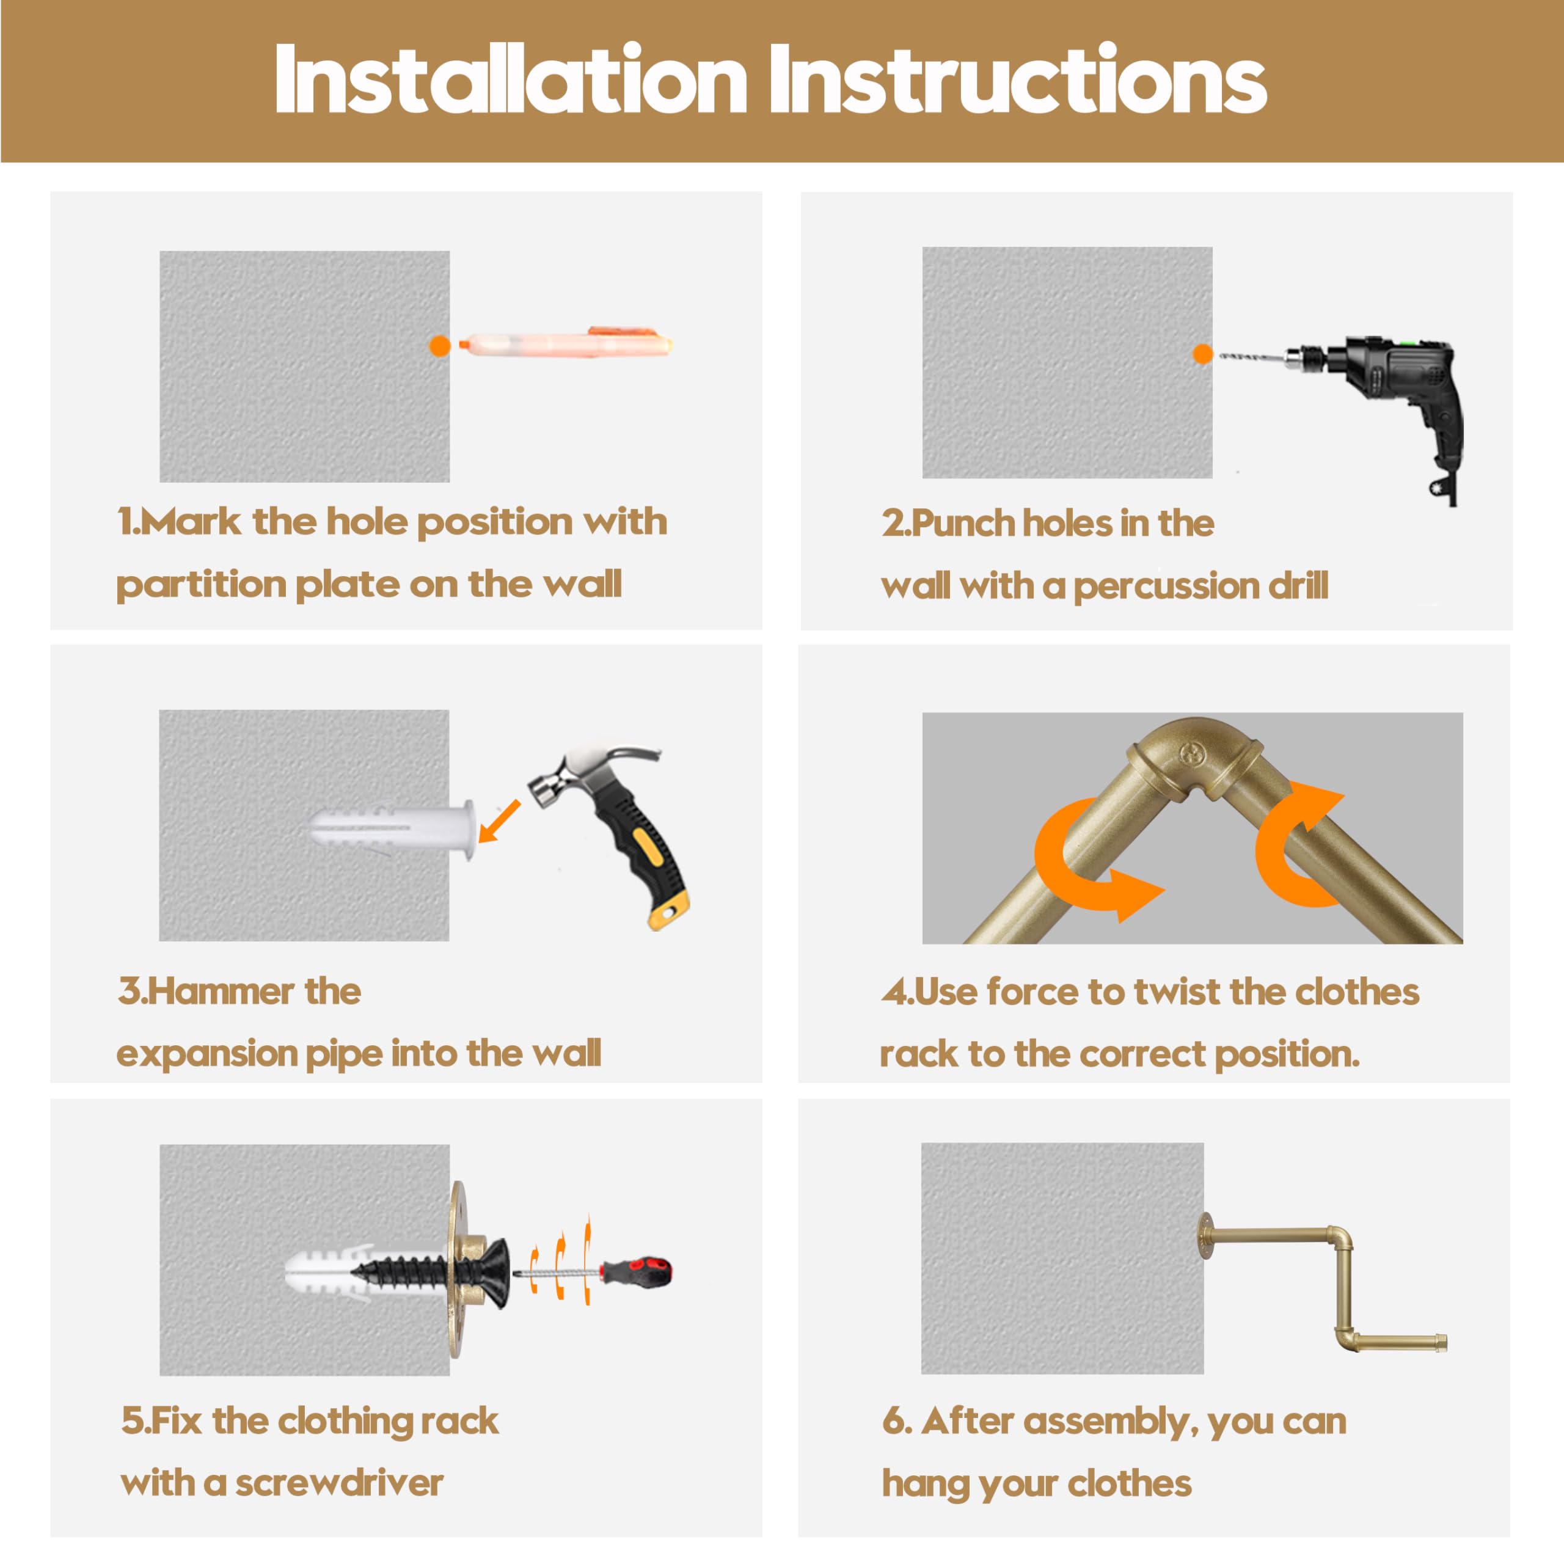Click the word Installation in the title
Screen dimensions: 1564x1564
tap(510, 79)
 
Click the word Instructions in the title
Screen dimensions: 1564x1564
tap(1018, 79)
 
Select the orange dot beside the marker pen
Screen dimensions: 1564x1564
tap(440, 346)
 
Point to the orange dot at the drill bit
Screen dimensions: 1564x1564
tap(1203, 354)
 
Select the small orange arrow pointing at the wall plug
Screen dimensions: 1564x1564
tap(500, 821)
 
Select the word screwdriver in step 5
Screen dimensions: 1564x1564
tap(339, 1483)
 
